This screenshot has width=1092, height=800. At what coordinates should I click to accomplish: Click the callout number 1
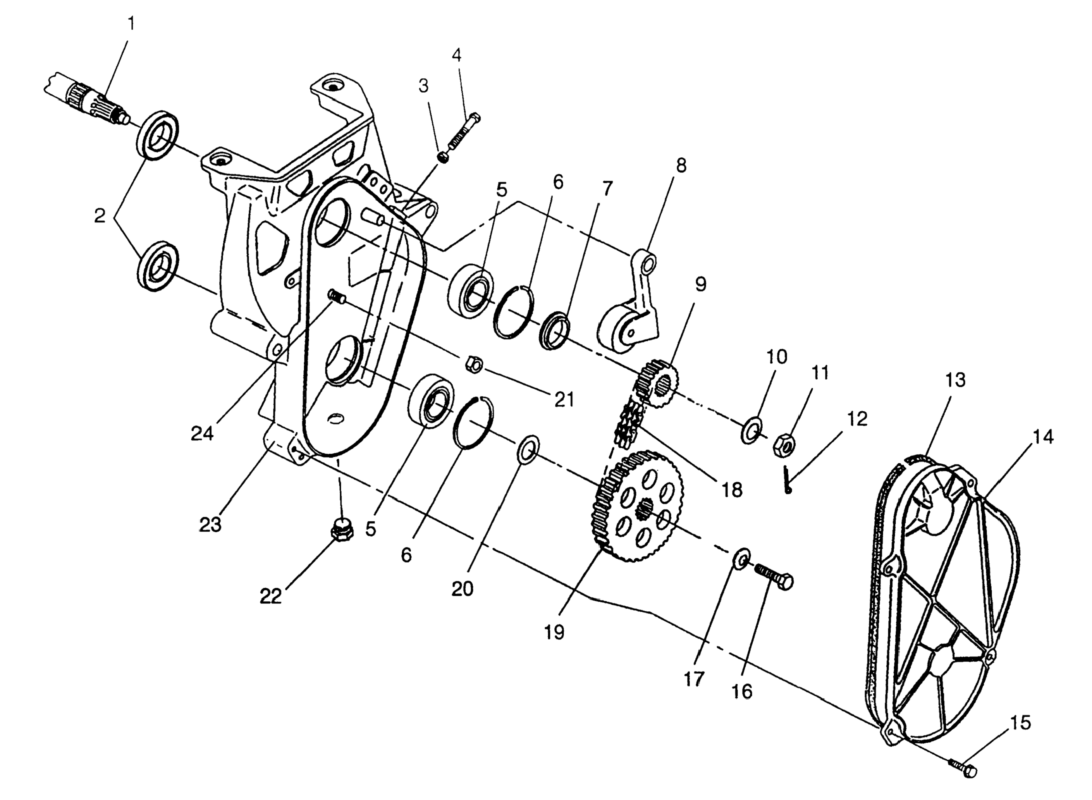click(131, 24)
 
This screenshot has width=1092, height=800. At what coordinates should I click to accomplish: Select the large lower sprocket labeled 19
click(639, 506)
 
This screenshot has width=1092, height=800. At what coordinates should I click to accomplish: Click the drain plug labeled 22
click(341, 530)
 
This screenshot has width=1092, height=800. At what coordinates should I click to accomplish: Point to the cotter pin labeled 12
click(786, 480)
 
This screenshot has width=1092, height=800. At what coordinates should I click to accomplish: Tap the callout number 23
click(210, 524)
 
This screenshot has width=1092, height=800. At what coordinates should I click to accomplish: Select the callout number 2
click(100, 216)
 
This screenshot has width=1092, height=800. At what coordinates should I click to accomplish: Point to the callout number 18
click(732, 490)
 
